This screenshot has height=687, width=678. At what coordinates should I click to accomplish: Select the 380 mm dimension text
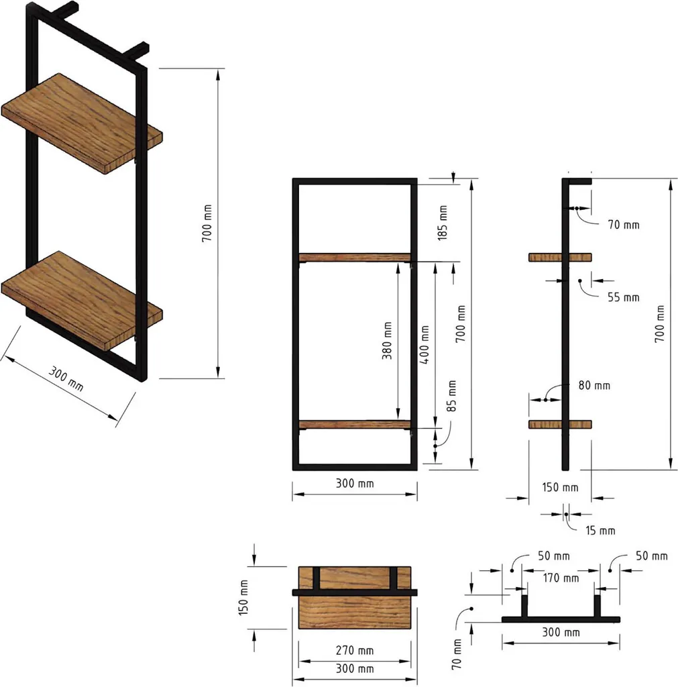[387, 343]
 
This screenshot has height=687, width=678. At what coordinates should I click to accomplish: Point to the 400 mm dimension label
[424, 343]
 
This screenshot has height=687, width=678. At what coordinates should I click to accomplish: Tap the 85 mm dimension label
[451, 397]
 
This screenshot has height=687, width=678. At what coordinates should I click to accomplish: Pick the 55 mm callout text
[623, 297]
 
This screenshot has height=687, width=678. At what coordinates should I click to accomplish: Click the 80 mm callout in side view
[594, 386]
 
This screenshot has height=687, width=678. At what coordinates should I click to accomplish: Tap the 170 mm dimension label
[561, 578]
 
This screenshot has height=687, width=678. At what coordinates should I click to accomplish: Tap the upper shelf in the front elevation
[354, 258]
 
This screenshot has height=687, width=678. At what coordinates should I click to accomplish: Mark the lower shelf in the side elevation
[561, 424]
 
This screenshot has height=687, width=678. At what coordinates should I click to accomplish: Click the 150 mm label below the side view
[560, 487]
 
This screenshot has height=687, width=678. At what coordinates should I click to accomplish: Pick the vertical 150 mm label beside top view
[243, 598]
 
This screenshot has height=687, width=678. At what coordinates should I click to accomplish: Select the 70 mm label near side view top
[623, 225]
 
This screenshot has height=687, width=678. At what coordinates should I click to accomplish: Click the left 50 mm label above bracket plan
[553, 556]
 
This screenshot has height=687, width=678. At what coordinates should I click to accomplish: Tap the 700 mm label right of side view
[661, 324]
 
